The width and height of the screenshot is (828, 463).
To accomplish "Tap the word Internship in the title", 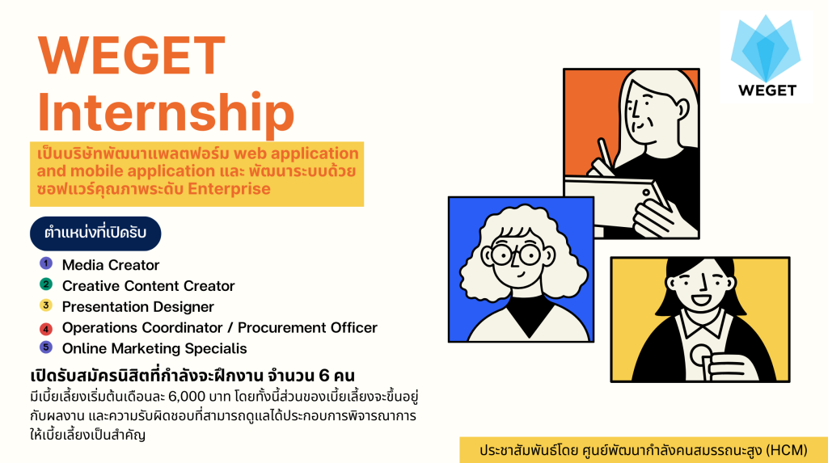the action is (166, 112).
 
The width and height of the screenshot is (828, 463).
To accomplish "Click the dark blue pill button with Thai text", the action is (95, 234).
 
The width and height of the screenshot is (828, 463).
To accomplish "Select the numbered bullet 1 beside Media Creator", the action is (46, 263).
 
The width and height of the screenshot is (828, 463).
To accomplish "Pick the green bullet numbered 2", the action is (46, 284).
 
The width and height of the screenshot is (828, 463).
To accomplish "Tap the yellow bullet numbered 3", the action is (46, 305).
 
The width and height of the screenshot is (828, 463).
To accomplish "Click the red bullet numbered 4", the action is (46, 329).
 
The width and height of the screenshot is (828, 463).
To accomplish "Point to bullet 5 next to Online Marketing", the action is (46, 347).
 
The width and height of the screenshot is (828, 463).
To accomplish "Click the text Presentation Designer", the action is (137, 307).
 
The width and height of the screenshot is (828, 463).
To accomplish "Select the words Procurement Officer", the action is (307, 328).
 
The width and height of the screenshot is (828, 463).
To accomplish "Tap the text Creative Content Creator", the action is (149, 285).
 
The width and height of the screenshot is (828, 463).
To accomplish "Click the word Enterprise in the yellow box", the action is (229, 189).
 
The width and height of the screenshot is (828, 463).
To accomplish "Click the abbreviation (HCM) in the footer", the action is (787, 450).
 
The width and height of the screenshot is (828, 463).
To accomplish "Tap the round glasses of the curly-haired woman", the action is (515, 255).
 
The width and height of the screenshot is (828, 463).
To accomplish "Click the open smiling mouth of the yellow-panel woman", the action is (702, 301).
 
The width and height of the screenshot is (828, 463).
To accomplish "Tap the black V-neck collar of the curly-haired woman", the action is (530, 314).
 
